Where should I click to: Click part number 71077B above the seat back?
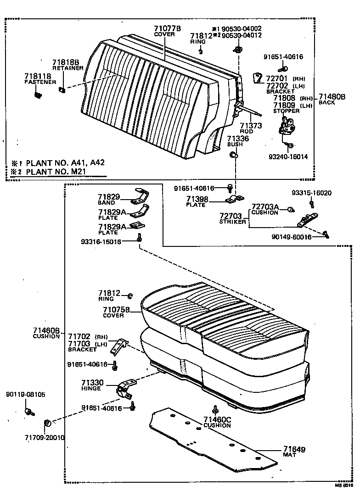pyautogui.click(x=167, y=28)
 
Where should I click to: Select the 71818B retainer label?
pyautogui.click(x=66, y=62)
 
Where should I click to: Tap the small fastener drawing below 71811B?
pyautogui.click(x=38, y=95)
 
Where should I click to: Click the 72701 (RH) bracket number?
pyautogui.click(x=277, y=78)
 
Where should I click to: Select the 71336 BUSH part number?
pyautogui.click(x=238, y=139)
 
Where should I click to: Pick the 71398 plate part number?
pyautogui.click(x=197, y=198)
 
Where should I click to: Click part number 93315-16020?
pyautogui.click(x=311, y=193)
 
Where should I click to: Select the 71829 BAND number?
pyautogui.click(x=109, y=197)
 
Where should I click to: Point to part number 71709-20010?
pyautogui.click(x=45, y=437)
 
